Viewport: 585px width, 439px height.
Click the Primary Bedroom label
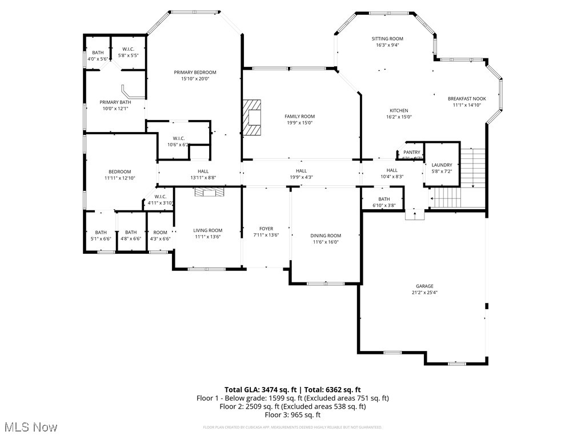(195, 73)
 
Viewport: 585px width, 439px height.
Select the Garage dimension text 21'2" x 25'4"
(424, 292)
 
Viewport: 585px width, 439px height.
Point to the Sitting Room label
(388, 39)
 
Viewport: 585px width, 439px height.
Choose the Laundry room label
(442, 165)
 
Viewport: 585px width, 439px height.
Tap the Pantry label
(412, 152)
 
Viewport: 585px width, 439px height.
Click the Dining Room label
(326, 236)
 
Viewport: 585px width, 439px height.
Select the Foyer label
(266, 229)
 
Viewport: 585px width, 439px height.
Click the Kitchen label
(399, 110)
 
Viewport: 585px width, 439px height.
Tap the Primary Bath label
(115, 102)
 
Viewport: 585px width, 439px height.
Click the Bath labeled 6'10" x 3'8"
(384, 199)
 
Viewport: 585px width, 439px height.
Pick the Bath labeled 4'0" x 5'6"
(98, 53)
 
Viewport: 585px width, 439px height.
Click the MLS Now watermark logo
(30, 427)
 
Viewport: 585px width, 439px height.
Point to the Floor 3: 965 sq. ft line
(292, 415)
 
